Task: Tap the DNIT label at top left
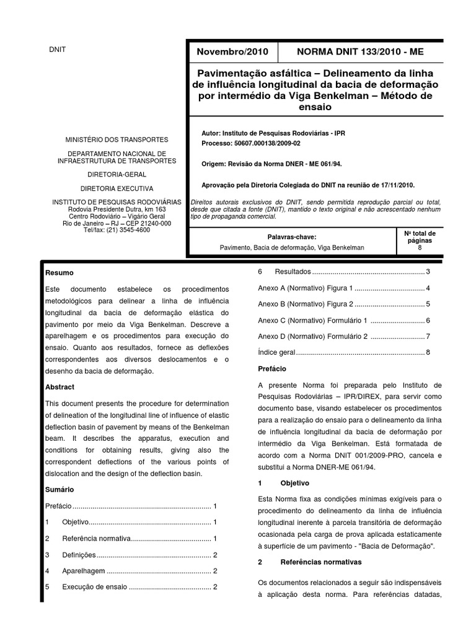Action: [x=57, y=50]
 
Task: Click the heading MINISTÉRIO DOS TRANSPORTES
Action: [x=117, y=141]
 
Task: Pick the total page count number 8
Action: [x=420, y=248]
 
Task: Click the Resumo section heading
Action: [x=59, y=272]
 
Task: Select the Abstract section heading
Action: [x=60, y=387]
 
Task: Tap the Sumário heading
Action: [x=60, y=489]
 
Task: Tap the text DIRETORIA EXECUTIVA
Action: [x=117, y=188]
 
